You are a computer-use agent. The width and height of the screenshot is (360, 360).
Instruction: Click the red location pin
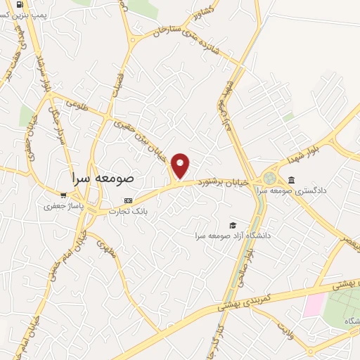[x=181, y=165]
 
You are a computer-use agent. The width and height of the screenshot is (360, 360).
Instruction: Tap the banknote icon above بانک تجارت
[x=127, y=200]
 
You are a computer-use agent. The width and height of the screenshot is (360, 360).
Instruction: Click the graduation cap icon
[x=232, y=225]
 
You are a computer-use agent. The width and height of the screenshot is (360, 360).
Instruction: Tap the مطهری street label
[x=105, y=250]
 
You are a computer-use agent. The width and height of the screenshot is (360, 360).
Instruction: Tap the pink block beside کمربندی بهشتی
[x=315, y=304]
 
